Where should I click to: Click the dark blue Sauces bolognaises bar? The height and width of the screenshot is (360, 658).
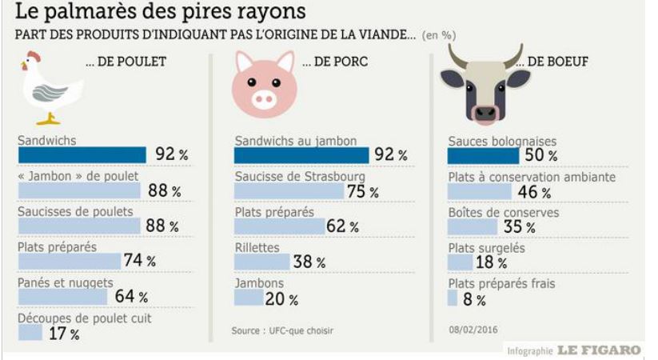[x=485, y=155]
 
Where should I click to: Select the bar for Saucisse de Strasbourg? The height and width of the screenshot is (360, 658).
[x=289, y=190]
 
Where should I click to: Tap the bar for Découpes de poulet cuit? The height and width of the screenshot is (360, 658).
[x=30, y=333]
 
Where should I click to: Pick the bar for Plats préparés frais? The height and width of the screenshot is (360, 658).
[x=453, y=298]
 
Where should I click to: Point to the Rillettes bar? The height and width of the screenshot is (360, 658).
[x=261, y=261]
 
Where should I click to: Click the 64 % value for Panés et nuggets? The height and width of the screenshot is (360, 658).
[x=132, y=297]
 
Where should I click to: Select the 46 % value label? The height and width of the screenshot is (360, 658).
[x=535, y=192]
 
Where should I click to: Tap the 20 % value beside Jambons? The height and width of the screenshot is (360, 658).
[x=282, y=299]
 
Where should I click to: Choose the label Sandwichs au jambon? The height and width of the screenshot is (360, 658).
[x=295, y=141]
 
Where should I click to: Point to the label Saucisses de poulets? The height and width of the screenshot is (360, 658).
[x=74, y=211]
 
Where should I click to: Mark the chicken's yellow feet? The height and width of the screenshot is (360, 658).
[x=49, y=120]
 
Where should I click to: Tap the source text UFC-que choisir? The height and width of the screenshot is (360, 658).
[x=282, y=330]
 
